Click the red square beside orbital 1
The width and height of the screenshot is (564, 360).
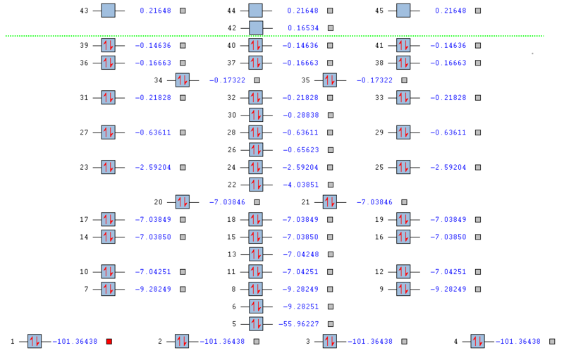[109, 342]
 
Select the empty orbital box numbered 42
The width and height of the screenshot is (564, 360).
[255, 28]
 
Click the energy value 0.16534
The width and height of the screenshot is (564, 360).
[302, 28]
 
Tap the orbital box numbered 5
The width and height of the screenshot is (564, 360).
[255, 324]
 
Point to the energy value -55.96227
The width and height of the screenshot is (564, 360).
[300, 324]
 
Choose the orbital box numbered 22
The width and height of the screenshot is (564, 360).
[255, 185]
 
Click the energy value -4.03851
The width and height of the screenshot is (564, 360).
[300, 185]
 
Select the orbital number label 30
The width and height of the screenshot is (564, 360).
[232, 115]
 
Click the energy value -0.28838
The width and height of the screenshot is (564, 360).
[300, 115]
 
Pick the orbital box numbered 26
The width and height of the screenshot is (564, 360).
[255, 150]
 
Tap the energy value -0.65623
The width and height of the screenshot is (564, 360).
[300, 150]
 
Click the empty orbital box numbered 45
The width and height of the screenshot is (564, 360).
[403, 11]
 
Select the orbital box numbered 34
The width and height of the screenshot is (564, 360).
[182, 80]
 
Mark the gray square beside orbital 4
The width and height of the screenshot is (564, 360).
[552, 342]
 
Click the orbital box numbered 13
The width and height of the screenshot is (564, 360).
[255, 254]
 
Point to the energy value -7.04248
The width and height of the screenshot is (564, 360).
[300, 254]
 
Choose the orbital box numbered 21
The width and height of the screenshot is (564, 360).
[329, 202]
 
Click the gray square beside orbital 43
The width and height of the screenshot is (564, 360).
[183, 11]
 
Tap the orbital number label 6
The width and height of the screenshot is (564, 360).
[234, 306]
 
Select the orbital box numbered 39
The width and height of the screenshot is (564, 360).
[108, 45]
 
